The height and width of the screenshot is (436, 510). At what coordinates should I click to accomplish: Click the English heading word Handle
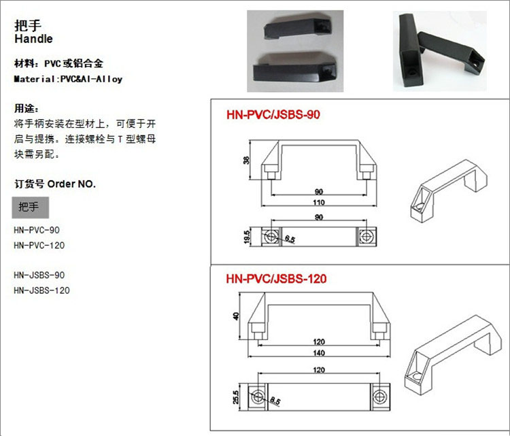click(33, 39)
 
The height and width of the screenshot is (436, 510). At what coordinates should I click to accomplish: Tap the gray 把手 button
click(31, 207)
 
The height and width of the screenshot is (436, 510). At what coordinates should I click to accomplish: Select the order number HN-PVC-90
click(37, 230)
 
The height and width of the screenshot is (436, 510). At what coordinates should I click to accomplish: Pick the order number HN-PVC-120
click(39, 246)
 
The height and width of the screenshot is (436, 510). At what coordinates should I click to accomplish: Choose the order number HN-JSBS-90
click(39, 275)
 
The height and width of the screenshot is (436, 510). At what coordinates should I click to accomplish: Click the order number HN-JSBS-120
click(41, 290)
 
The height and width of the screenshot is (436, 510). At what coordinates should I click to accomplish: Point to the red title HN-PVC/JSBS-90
click(273, 114)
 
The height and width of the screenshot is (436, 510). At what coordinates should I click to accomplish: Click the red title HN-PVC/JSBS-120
click(276, 279)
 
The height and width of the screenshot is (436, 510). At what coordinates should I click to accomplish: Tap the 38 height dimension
click(247, 160)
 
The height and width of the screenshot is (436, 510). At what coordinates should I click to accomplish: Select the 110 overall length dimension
click(319, 203)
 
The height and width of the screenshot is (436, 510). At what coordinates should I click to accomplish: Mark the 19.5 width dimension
click(247, 237)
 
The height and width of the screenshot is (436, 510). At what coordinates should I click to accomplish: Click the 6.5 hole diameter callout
click(290, 239)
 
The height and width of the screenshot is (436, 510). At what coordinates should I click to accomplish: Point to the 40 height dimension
click(236, 316)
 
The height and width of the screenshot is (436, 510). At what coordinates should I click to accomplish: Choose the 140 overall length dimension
click(319, 353)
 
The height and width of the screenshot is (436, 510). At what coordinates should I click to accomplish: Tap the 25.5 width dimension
click(236, 397)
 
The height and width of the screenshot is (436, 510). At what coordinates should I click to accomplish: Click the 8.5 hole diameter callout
click(275, 401)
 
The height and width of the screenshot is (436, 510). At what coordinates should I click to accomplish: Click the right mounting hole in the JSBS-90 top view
click(367, 237)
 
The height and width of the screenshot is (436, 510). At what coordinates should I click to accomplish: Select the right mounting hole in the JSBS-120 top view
click(379, 397)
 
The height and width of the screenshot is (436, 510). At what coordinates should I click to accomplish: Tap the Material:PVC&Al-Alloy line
click(68, 79)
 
